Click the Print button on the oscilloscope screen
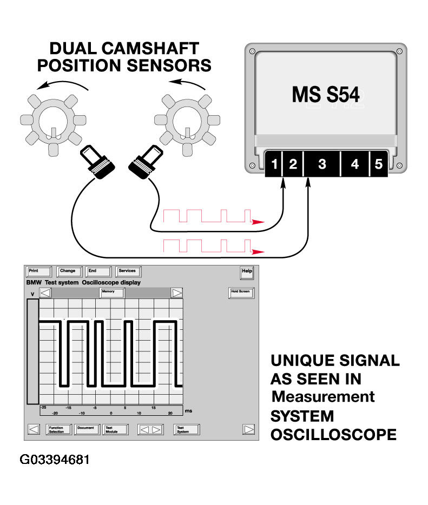38,271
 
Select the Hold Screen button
241,293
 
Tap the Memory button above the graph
112,293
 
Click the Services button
129,271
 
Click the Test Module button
115,429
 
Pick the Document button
87,429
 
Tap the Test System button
186,429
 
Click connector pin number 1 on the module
274,164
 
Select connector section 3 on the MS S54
322,164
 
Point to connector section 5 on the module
378,164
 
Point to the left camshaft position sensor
97,162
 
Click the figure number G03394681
55,460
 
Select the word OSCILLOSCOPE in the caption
333,435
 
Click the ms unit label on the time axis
188,410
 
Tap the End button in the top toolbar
98,271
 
